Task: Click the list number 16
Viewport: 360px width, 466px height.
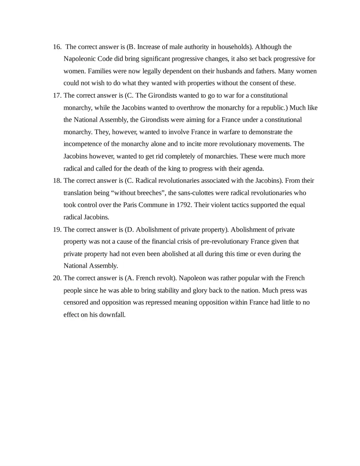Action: click(x=57, y=47)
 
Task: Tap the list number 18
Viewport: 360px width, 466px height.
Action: click(x=57, y=180)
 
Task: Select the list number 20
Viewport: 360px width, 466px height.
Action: click(x=57, y=278)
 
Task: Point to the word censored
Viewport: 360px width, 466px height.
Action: click(x=76, y=302)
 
